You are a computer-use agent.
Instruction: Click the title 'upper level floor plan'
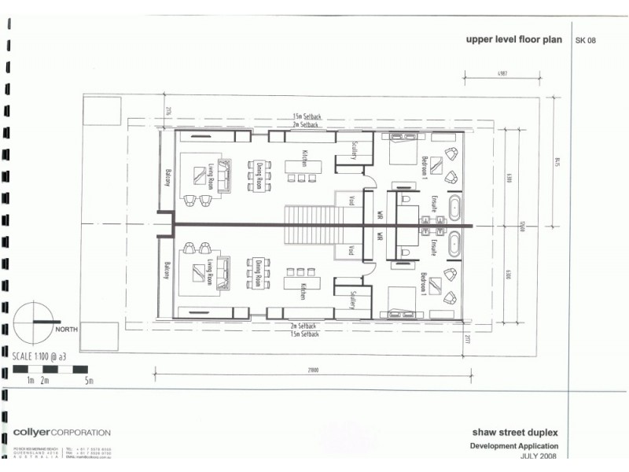514,39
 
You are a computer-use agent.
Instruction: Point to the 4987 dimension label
501,74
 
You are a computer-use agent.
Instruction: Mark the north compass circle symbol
33,323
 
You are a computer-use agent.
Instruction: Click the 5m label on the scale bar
89,382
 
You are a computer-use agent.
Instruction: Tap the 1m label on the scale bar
29,382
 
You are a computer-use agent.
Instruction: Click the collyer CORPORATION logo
61,433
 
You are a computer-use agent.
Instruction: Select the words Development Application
516,445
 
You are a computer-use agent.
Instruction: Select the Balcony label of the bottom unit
167,272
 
